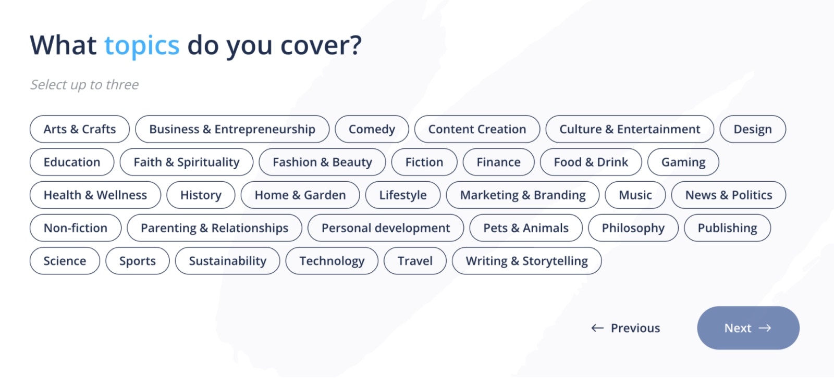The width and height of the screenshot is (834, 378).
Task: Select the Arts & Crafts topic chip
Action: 80,129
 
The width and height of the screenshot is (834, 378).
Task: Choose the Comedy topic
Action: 372,129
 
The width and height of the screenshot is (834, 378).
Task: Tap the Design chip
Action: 753,129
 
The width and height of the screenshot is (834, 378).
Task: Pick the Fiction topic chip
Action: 424,162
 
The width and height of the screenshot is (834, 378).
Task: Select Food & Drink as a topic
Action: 591,162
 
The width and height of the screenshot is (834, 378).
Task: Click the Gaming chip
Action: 683,162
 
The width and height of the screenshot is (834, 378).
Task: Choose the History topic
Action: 201,195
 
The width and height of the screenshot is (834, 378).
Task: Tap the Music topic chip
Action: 635,195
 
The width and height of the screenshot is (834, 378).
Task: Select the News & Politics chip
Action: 729,195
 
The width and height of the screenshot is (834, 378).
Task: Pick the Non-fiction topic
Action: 76,228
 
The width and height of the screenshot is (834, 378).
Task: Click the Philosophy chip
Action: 633,228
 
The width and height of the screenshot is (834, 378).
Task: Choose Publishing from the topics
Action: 727,228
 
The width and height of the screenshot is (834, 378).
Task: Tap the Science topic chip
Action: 65,261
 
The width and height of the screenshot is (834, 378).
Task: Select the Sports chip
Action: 138,261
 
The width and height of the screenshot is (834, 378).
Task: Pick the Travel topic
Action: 415,261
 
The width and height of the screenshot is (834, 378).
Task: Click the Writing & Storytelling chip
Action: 526,261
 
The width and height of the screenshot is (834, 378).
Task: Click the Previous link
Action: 625,328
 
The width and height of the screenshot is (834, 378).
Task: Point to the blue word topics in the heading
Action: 142,46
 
